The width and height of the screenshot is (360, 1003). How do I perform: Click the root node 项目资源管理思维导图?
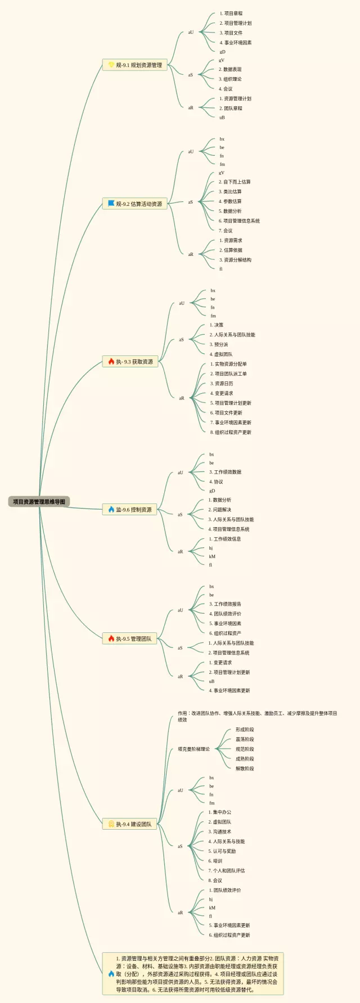click(x=39, y=501)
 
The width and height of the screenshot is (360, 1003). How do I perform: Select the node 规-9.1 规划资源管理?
click(x=135, y=65)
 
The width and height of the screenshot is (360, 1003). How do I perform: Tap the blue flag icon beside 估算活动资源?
click(x=111, y=203)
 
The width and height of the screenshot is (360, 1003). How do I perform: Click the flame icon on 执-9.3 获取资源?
click(x=111, y=361)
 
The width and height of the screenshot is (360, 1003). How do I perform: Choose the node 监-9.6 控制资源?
click(x=130, y=510)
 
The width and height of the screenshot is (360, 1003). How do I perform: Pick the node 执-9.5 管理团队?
click(x=130, y=638)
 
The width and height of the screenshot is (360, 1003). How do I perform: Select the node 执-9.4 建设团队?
click(x=130, y=824)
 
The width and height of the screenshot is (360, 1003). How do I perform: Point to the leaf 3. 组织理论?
click(x=230, y=79)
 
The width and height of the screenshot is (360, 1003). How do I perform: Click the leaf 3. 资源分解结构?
click(x=235, y=260)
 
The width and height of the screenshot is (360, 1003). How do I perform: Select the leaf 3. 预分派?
click(x=219, y=344)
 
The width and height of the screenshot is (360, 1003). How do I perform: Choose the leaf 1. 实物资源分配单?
click(x=228, y=364)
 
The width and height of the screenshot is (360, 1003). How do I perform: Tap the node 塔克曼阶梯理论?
click(x=193, y=749)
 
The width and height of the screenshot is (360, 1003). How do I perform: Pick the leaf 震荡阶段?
click(x=245, y=739)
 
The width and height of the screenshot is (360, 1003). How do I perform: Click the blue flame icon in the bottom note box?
click(x=111, y=973)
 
